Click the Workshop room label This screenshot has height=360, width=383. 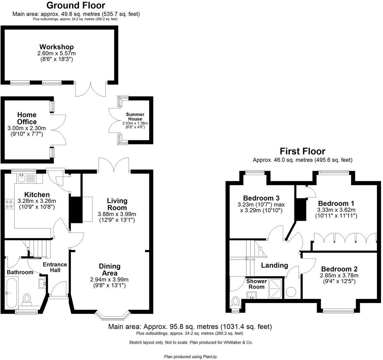(56, 47)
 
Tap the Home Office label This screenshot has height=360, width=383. (27, 118)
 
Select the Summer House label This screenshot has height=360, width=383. (135, 117)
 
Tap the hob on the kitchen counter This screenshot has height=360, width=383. (8, 204)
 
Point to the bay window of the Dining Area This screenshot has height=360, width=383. (112, 315)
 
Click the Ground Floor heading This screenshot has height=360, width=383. (76, 5)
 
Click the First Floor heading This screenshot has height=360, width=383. (302, 151)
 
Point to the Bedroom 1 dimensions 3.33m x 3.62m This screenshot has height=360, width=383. (336, 213)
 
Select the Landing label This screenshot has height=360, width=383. (274, 266)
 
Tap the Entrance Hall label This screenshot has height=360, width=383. (55, 267)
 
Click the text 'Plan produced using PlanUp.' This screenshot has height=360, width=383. (193, 356)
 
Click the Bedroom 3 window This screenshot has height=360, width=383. (255, 172)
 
